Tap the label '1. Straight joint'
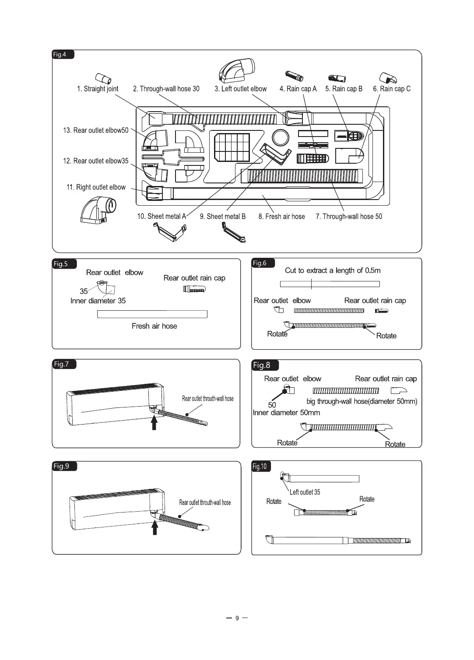click(x=98, y=89)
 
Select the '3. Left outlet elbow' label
click(x=240, y=89)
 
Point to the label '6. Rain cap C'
click(x=392, y=89)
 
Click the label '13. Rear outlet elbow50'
click(x=96, y=130)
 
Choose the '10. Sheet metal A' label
click(x=162, y=216)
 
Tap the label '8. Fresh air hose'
click(x=281, y=216)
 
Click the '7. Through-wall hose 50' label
click(x=349, y=216)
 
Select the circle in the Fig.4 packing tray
click(x=280, y=138)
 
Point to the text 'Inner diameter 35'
click(x=98, y=301)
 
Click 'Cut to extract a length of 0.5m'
click(x=333, y=270)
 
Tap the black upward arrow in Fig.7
click(x=154, y=423)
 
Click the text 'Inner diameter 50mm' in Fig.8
click(x=286, y=413)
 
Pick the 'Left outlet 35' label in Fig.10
click(x=305, y=492)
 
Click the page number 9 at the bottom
click(x=237, y=618)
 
